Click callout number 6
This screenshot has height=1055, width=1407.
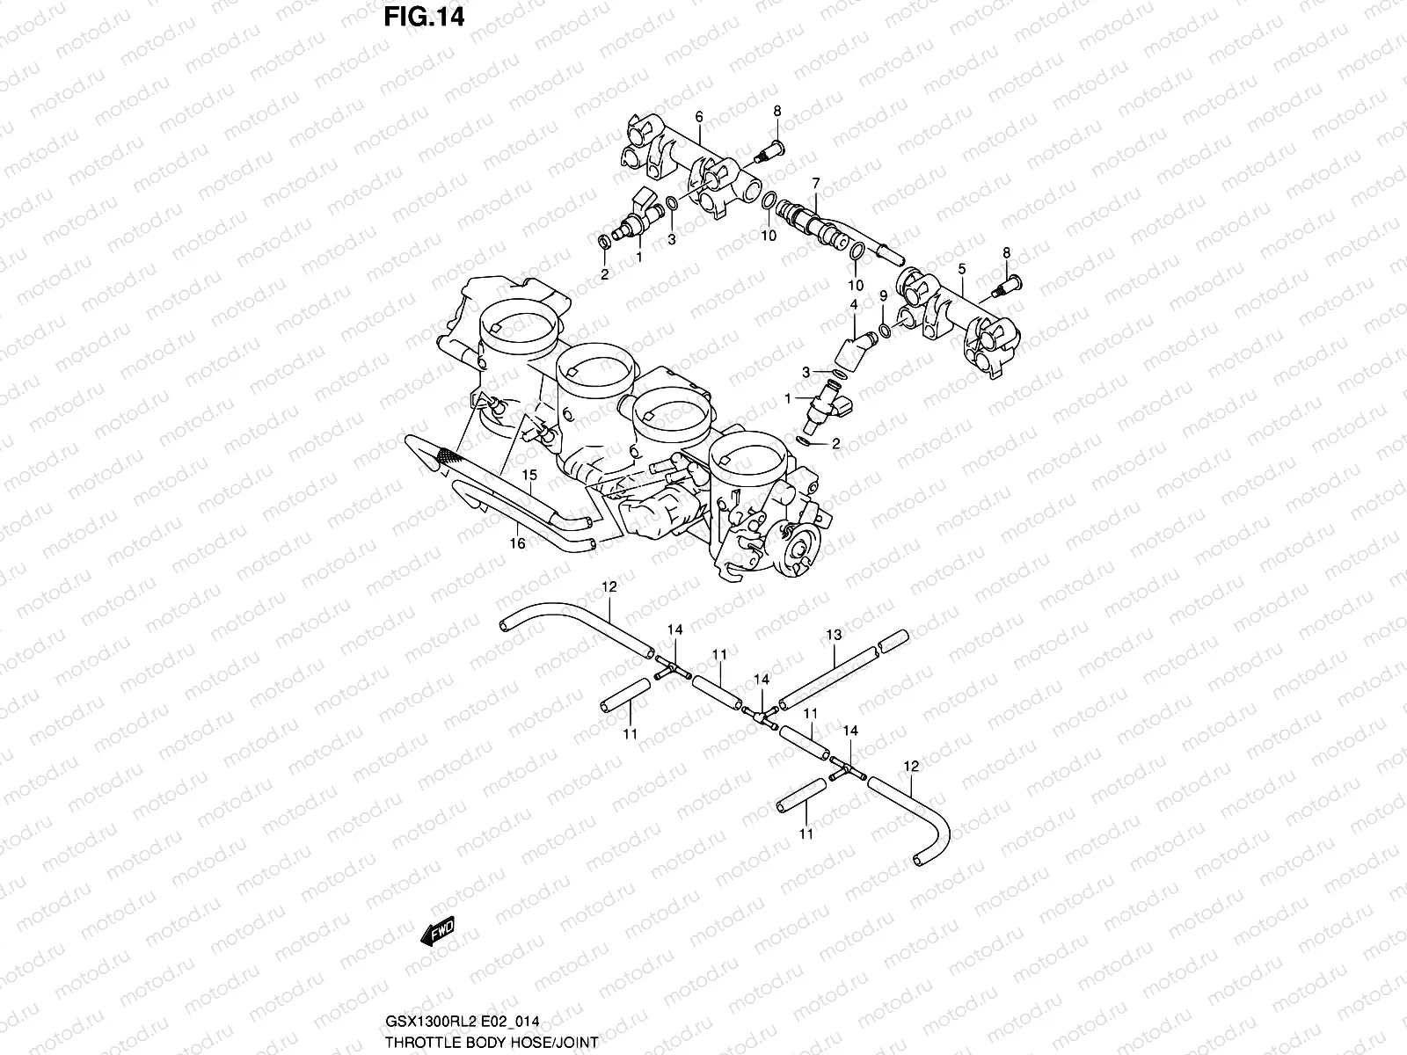[699, 117]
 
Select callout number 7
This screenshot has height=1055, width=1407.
[815, 183]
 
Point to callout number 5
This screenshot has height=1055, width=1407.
[962, 267]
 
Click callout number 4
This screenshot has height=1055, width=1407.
[852, 304]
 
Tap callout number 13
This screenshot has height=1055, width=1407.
[834, 635]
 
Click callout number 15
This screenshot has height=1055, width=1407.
[529, 476]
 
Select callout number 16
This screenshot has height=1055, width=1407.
[518, 544]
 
